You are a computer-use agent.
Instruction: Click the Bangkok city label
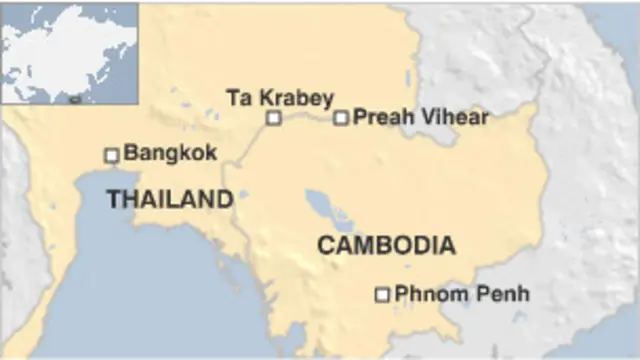167,154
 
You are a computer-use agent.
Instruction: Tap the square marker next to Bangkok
112,155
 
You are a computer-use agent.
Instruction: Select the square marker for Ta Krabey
273,118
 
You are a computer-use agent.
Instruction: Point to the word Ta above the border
238,97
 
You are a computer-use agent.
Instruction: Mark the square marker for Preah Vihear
341,118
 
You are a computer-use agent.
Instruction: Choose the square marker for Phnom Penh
381,294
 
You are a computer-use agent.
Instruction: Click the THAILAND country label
169,200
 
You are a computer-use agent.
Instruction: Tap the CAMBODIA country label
386,245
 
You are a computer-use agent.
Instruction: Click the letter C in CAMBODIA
326,245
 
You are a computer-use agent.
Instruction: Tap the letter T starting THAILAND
113,200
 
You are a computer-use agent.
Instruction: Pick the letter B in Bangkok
131,154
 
